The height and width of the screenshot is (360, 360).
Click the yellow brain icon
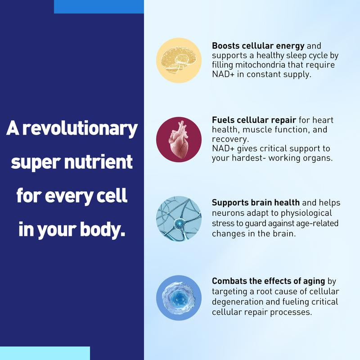178,60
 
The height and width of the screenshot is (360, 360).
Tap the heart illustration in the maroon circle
178,139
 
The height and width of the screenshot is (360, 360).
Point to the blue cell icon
178,298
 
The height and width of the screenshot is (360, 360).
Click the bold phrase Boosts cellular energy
258,46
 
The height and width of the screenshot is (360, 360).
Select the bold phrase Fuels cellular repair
253,121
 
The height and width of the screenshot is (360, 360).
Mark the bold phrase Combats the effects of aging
269,281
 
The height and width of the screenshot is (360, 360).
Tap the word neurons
226,213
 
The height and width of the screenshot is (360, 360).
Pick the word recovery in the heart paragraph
228,139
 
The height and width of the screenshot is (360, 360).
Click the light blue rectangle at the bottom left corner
45,353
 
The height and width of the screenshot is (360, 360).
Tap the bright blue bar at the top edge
99,6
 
